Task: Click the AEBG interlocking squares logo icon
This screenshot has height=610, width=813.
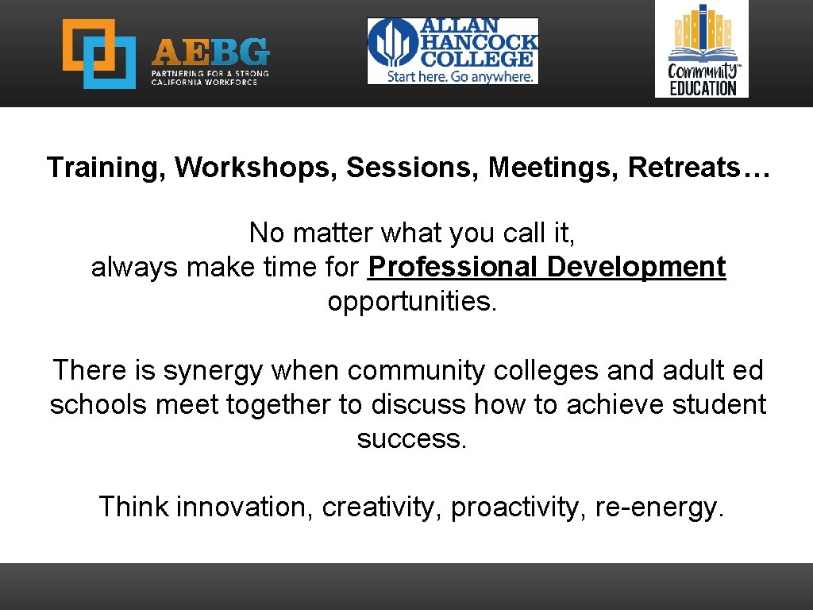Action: [99, 53]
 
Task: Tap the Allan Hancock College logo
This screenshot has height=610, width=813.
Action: [453, 51]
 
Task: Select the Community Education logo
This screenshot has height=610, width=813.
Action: [701, 48]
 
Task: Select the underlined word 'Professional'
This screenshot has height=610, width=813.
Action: [453, 268]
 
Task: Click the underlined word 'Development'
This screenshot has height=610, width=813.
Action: [636, 268]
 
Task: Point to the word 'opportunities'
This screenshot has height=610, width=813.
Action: [411, 303]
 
